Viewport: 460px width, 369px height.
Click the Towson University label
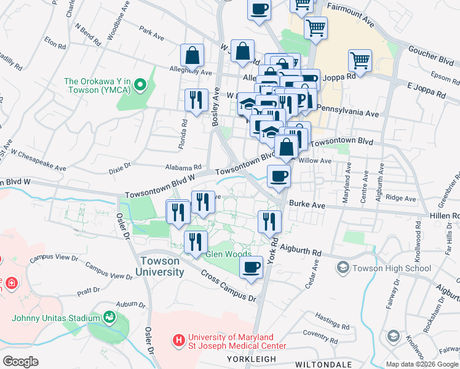[x=159, y=266]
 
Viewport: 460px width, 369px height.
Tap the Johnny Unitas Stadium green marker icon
[x=109, y=317]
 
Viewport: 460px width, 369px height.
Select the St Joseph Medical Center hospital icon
[x=179, y=339]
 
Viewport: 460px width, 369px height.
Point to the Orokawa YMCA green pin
[x=140, y=84]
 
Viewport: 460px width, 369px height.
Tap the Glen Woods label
[x=228, y=254]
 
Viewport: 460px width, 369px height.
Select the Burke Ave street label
[x=307, y=204]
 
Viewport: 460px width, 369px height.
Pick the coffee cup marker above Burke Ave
[x=279, y=177]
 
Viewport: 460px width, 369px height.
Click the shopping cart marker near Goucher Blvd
[x=360, y=61]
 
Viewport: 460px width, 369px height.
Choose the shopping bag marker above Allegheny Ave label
[x=192, y=55]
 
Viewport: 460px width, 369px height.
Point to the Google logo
[x=21, y=362]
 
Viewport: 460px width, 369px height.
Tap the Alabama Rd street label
[x=183, y=167]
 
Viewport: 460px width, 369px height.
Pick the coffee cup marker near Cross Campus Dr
[x=251, y=268]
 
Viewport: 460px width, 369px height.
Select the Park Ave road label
[x=151, y=33]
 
